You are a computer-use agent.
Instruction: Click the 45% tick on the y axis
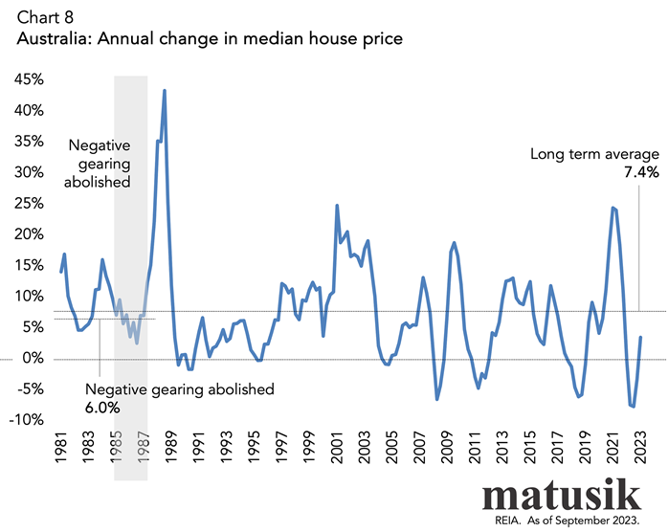[x=29, y=80]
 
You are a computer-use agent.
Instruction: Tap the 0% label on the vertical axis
[x=33, y=359]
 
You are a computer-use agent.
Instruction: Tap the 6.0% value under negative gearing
[x=102, y=408]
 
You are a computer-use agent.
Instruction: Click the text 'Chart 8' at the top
[x=40, y=17]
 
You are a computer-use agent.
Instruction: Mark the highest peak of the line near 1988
[x=165, y=91]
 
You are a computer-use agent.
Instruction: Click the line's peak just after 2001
[x=337, y=206]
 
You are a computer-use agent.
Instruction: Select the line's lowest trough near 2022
[x=633, y=407]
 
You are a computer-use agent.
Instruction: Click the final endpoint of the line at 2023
[x=640, y=338]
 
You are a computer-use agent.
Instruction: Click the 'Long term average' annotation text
[x=595, y=154]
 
